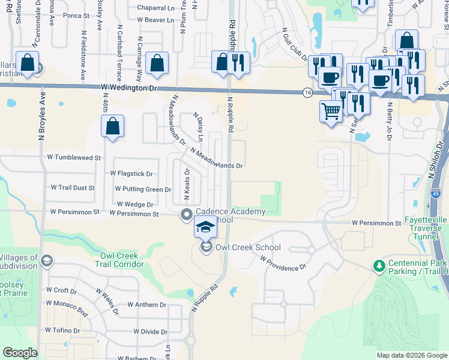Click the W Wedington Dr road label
pyautogui.click(x=128, y=88)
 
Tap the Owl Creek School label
pyautogui.click(x=248, y=247)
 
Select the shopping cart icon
pyautogui.click(x=331, y=112)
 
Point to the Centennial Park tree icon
pyautogui.click(x=379, y=265)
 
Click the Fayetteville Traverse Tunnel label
pyautogui.click(x=426, y=228)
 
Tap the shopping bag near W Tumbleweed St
pyautogui.click(x=112, y=127)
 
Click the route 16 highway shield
pyautogui.click(x=307, y=92)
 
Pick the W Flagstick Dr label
pyautogui.click(x=131, y=173)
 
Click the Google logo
pyautogui.click(x=20, y=353)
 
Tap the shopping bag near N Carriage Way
pyautogui.click(x=157, y=63)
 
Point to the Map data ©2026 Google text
pyautogui.click(x=411, y=355)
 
